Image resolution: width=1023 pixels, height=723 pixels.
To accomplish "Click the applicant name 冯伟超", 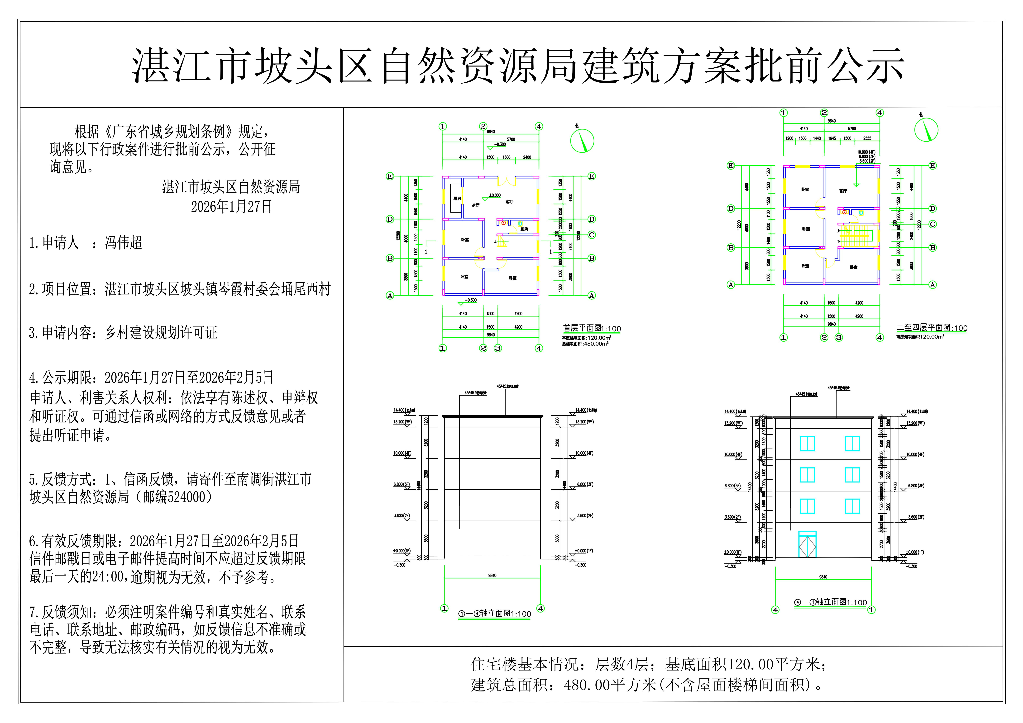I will pyautogui.click(x=123, y=243).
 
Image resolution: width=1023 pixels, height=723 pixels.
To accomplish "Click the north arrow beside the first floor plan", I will pyautogui.click(x=582, y=141).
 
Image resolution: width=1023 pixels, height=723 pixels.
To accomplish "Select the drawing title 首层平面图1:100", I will pyautogui.click(x=592, y=329).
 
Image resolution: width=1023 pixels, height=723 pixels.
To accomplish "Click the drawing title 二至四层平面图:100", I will pyautogui.click(x=932, y=328).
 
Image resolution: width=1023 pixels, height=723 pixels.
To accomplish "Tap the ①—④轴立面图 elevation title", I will pyautogui.click(x=495, y=614).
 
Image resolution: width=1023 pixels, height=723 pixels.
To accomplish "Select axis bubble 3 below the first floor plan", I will pyautogui.click(x=498, y=348).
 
